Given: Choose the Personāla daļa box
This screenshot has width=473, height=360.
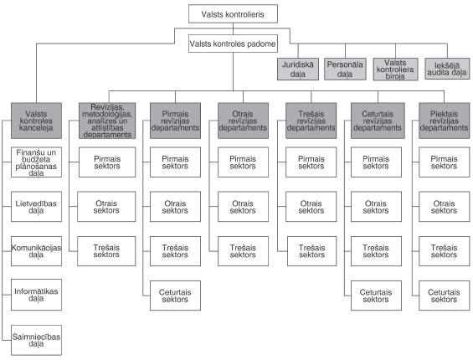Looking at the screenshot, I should point(346,69).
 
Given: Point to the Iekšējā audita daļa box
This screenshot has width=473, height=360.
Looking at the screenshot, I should point(445,69).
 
